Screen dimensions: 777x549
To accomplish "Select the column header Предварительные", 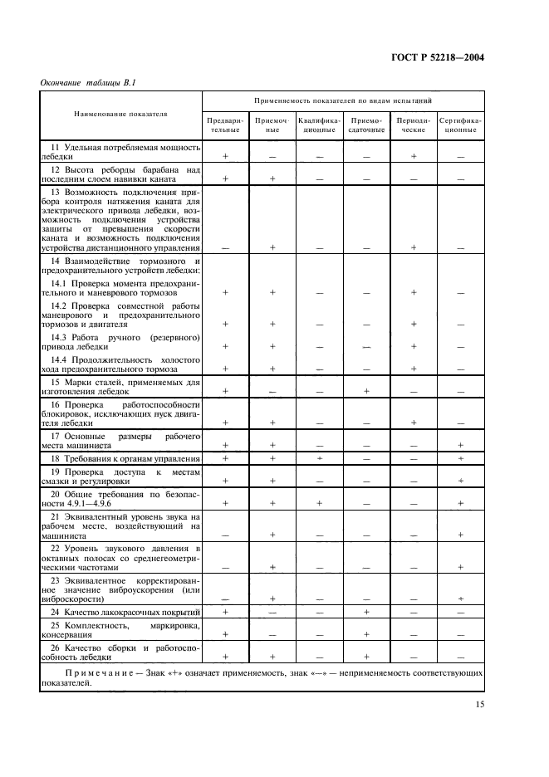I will click(x=225, y=125).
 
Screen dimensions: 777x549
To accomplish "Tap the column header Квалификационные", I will click(x=319, y=125).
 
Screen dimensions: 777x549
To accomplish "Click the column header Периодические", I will click(x=413, y=125).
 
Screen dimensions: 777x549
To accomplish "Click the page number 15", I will click(x=479, y=705).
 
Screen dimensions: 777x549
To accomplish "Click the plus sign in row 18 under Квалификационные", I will click(x=319, y=458).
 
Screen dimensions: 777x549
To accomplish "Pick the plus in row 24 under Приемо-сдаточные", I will click(x=366, y=611).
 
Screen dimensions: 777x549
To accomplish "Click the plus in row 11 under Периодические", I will click(x=413, y=156).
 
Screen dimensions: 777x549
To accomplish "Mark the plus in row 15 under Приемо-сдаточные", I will click(x=366, y=390).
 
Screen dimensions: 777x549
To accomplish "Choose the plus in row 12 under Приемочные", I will click(x=272, y=178).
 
